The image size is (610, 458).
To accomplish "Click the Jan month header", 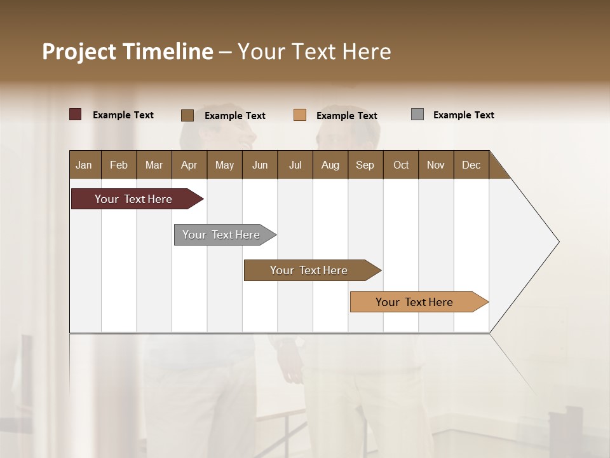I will [85, 165].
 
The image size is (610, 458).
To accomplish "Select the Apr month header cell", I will [189, 165].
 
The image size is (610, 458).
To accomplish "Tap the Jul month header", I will [295, 165].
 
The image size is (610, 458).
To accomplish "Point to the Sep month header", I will [365, 165].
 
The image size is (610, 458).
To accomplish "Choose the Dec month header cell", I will [471, 165].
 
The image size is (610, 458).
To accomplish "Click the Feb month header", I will [119, 165].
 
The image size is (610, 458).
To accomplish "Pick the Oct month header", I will [401, 165].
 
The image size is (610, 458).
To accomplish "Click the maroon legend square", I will [76, 114].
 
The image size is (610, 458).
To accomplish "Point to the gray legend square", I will [417, 114].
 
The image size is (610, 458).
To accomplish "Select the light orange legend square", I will [300, 115].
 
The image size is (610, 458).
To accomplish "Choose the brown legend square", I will [187, 115].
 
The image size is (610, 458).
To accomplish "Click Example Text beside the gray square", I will [463, 115].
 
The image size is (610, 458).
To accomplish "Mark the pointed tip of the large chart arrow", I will [558, 242].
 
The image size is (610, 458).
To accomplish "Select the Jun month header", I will [260, 165].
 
